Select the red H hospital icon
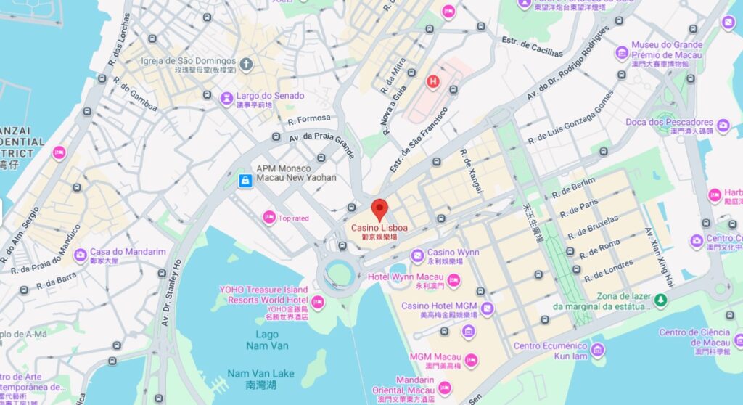click(434, 81)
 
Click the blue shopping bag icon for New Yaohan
click(245, 180)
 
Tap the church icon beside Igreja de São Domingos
click(246, 64)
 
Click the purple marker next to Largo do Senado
click(226, 97)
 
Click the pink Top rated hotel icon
click(268, 217)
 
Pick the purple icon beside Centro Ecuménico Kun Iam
click(597, 351)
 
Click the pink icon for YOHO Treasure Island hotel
click(318, 302)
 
